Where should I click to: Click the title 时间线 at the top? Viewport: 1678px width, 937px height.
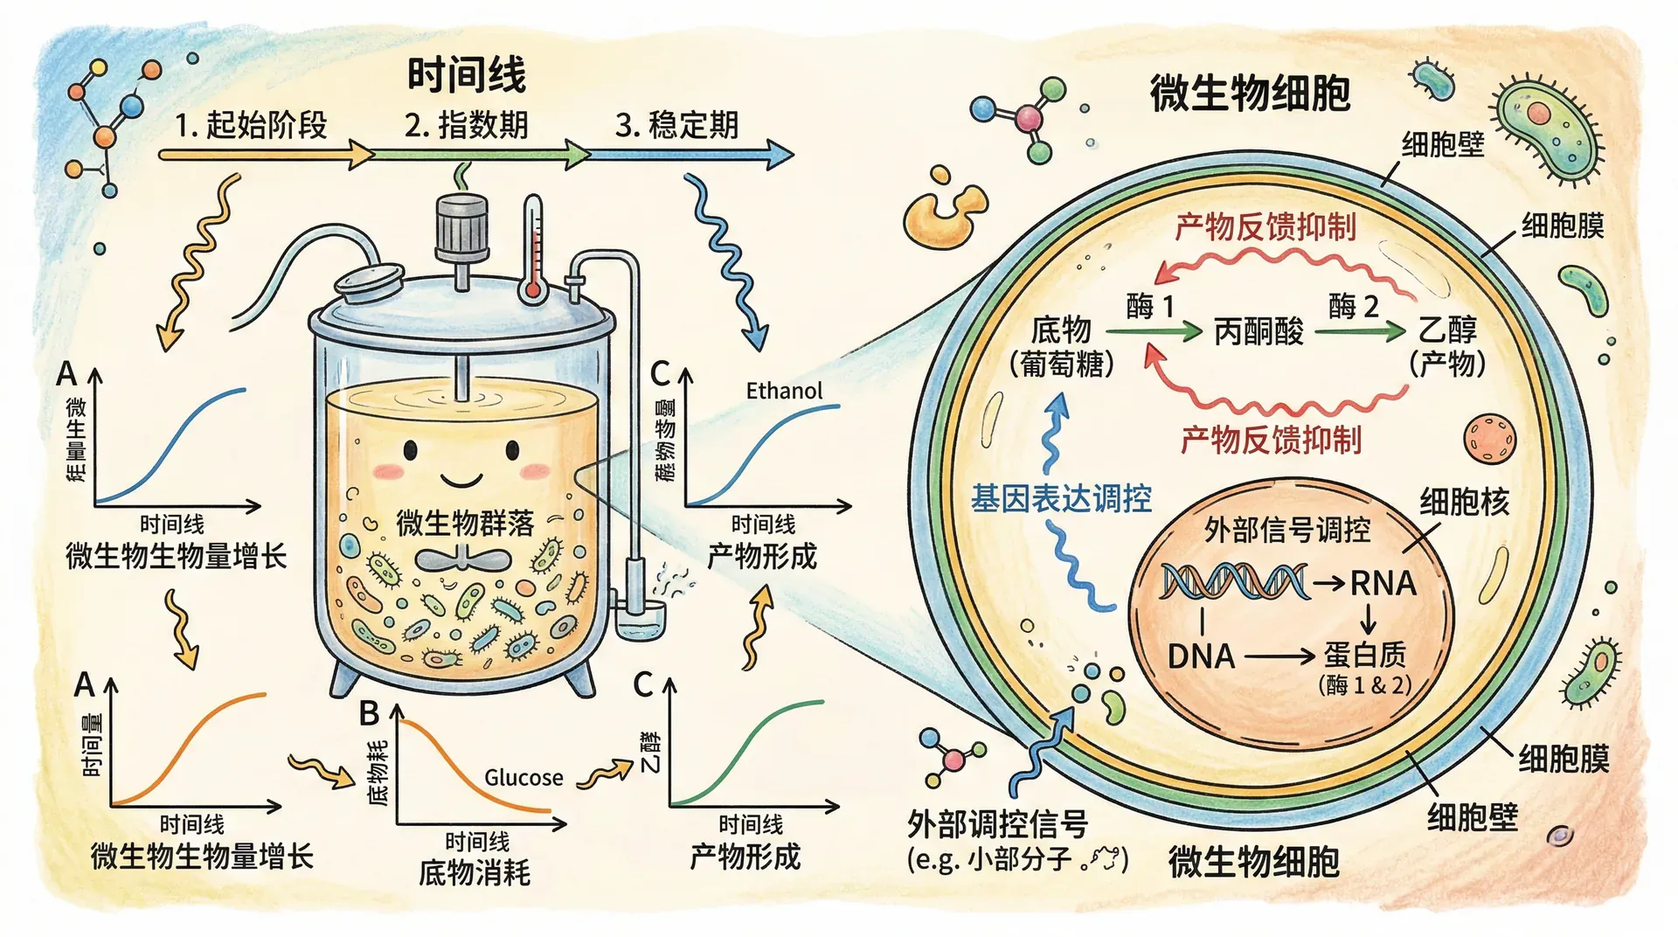pos(467,75)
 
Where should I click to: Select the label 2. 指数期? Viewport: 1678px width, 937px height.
pos(466,125)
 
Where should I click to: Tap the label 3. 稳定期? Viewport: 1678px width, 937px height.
pos(676,125)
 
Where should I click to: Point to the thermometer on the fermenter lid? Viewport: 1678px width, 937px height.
pos(532,249)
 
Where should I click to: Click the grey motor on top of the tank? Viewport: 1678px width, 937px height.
pos(461,226)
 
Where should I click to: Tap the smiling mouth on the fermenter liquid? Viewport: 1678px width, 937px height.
pos(461,480)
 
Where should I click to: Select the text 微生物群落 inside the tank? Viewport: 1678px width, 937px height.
pos(464,523)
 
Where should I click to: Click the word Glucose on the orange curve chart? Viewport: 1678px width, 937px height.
pos(524,777)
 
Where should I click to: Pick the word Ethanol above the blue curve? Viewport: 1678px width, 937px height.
pos(784,391)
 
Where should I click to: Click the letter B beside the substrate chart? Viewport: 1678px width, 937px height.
pos(369,714)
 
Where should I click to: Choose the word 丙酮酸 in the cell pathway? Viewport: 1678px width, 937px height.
pos(1258,331)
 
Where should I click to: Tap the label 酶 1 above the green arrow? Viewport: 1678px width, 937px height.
pos(1150,306)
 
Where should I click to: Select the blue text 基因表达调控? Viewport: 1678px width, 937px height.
pos(1061,499)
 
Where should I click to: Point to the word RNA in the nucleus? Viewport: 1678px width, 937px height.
pos(1383,583)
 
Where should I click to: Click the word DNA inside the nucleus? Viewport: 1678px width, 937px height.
pos(1201,656)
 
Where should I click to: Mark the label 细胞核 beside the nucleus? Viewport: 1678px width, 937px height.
pos(1464,502)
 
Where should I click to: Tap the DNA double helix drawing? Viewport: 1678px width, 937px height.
pos(1233,582)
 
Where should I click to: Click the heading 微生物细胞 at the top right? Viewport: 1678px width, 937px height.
pos(1250,94)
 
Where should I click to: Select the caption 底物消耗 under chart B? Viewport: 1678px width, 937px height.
pos(475,872)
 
